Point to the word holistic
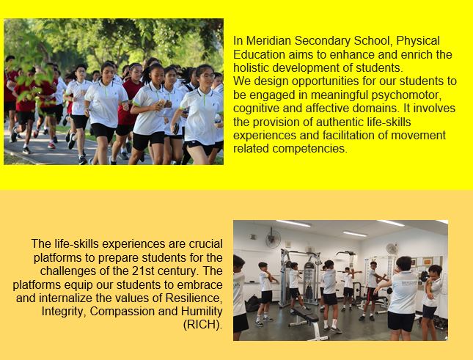point(252,68)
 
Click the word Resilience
point(194,298)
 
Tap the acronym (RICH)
point(202,325)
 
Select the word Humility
point(202,312)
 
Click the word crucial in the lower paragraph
point(206,244)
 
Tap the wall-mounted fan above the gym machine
point(273,238)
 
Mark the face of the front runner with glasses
point(205,76)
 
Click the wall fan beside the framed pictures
point(392,249)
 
